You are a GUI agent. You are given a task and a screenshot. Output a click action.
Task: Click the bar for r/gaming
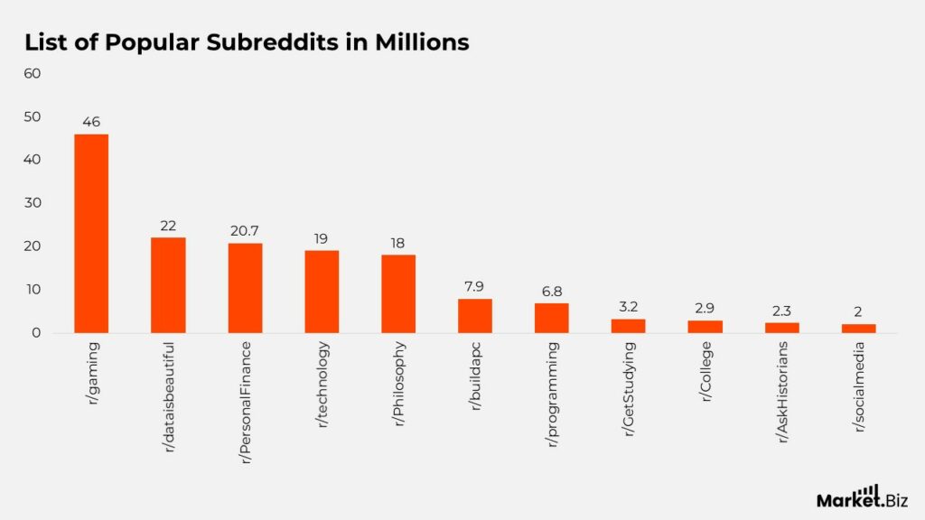pyautogui.click(x=91, y=233)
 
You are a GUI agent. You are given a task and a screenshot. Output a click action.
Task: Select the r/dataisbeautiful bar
pyautogui.click(x=168, y=284)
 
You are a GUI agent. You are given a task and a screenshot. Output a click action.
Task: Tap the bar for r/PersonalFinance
pyautogui.click(x=245, y=287)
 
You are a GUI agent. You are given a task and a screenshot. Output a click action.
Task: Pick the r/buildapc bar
pyautogui.click(x=475, y=315)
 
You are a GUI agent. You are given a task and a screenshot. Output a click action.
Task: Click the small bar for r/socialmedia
pyautogui.click(x=858, y=328)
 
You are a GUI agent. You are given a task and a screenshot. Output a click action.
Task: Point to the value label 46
pyautogui.click(x=91, y=121)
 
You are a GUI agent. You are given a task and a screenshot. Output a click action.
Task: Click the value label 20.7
pyautogui.click(x=245, y=231)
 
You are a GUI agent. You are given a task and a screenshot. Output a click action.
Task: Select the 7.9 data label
pyautogui.click(x=475, y=286)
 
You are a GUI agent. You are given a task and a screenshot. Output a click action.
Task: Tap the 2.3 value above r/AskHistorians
pyautogui.click(x=782, y=311)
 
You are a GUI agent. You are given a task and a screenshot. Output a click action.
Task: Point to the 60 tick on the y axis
pyautogui.click(x=33, y=73)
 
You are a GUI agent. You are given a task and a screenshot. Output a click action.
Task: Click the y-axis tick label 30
pyautogui.click(x=33, y=203)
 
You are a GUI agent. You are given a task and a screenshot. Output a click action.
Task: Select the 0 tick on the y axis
pyautogui.click(x=37, y=333)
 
